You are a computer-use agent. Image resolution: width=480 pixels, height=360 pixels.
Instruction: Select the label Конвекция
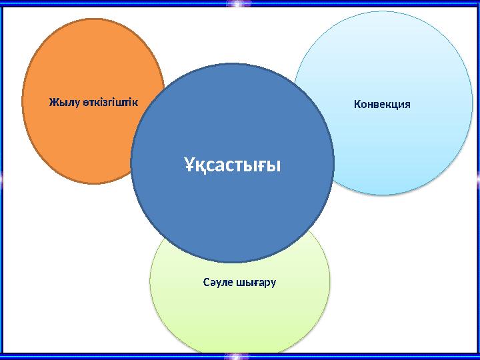[382, 105]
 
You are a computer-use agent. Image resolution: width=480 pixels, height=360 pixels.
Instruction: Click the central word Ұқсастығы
[232, 163]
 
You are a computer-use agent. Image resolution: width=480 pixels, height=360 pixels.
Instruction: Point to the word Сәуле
[218, 282]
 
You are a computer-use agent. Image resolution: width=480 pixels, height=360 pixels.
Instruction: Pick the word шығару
[257, 283]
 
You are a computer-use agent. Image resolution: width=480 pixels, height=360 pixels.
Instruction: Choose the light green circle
[240, 313]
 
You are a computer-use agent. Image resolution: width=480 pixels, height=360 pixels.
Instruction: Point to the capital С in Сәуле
[206, 282]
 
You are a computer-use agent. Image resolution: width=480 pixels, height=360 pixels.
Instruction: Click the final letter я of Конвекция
[407, 105]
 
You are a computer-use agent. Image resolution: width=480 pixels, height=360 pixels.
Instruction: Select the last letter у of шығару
[273, 283]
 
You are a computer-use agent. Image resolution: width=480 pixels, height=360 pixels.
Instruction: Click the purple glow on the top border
[238, 4]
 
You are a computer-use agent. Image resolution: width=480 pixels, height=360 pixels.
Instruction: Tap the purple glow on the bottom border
[238, 356]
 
